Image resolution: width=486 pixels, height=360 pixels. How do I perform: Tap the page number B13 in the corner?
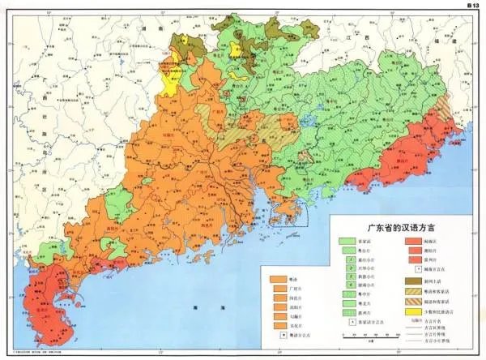click(x=469, y=5)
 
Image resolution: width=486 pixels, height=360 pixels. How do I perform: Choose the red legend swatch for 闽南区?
click(x=411, y=242)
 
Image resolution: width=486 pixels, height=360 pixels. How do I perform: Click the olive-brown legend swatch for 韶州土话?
click(x=411, y=278)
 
